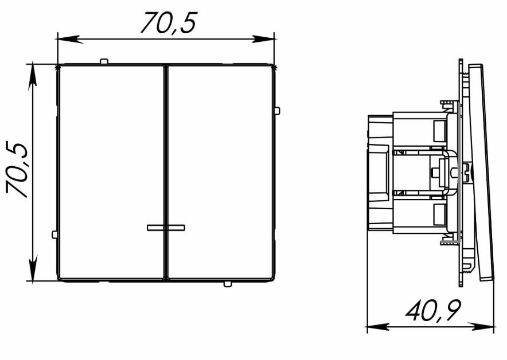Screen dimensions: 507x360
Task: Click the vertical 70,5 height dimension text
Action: click(x=17, y=170)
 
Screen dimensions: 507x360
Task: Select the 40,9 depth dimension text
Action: click(x=433, y=311)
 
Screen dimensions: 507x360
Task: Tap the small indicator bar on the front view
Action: click(x=166, y=228)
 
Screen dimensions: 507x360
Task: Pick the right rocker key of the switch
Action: click(x=220, y=172)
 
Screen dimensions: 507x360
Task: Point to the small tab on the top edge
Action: click(x=104, y=61)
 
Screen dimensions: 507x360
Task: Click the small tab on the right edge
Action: click(x=277, y=111)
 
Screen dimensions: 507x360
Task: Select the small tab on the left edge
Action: click(x=54, y=234)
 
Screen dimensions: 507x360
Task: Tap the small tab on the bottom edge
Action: click(x=227, y=284)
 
